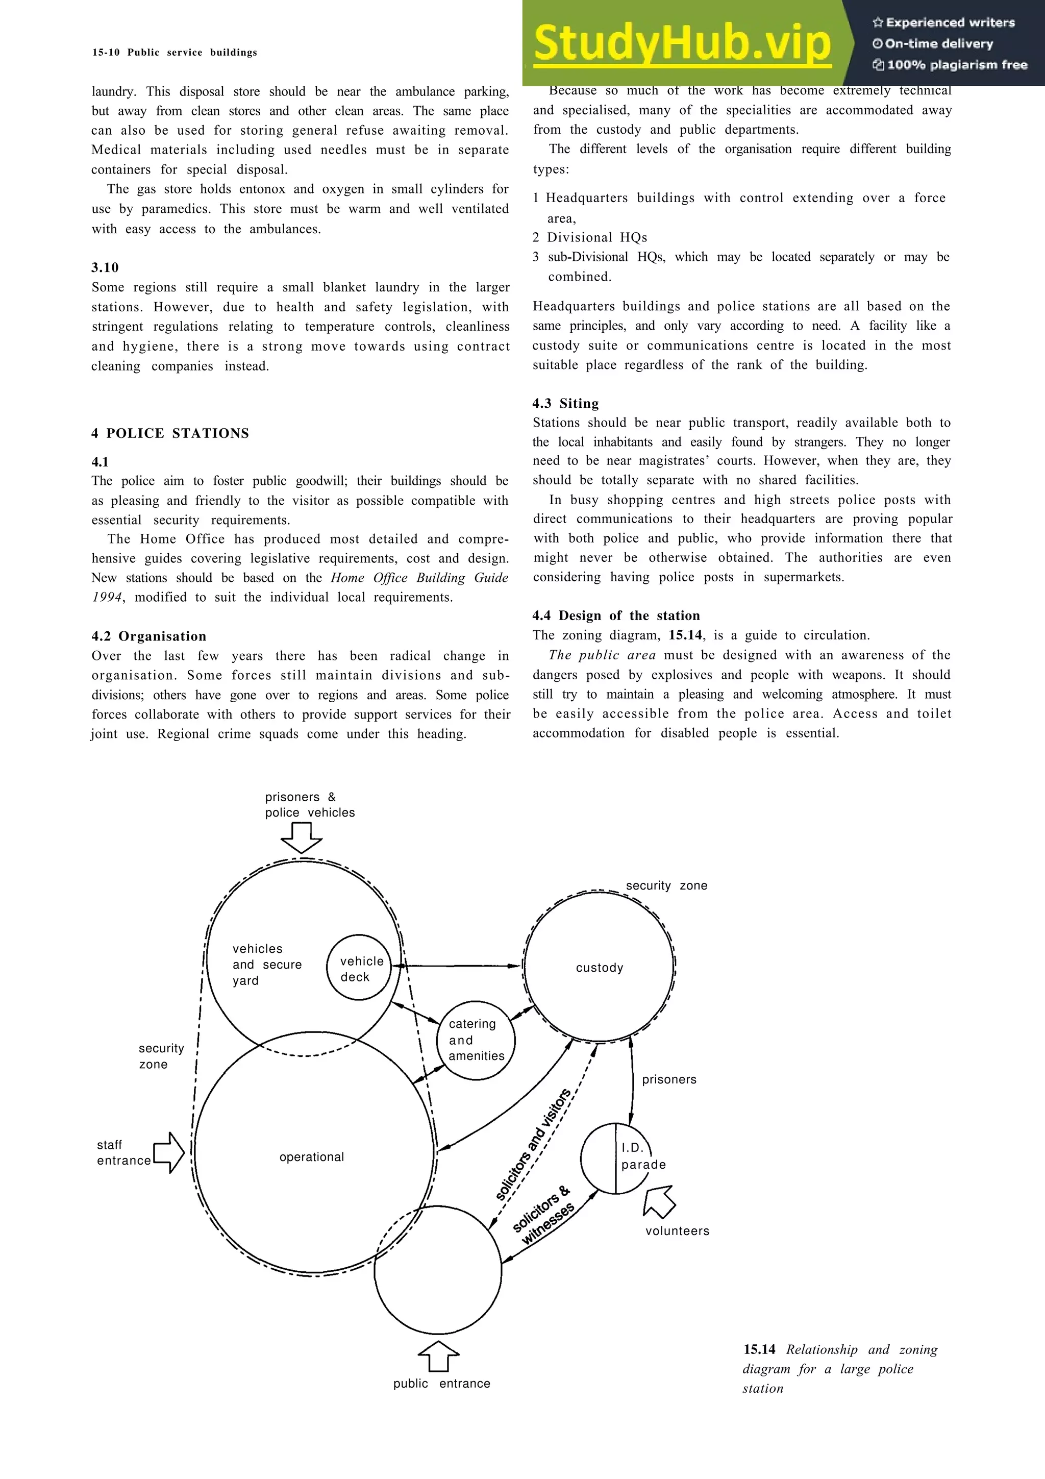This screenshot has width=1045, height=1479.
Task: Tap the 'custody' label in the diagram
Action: click(600, 968)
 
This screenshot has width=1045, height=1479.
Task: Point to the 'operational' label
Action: click(312, 1157)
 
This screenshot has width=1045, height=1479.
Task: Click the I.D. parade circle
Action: click(616, 1158)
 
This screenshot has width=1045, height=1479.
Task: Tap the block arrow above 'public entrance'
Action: click(438, 1356)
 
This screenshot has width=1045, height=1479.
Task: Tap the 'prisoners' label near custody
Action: click(669, 1079)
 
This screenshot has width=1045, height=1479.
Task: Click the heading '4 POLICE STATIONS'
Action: click(170, 433)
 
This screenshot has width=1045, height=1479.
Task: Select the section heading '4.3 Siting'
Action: click(565, 404)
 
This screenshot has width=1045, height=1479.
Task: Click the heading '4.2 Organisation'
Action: click(148, 636)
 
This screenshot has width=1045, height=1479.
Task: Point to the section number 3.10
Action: click(105, 267)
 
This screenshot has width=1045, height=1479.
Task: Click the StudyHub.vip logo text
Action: click(682, 43)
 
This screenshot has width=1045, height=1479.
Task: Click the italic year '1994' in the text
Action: click(107, 597)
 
